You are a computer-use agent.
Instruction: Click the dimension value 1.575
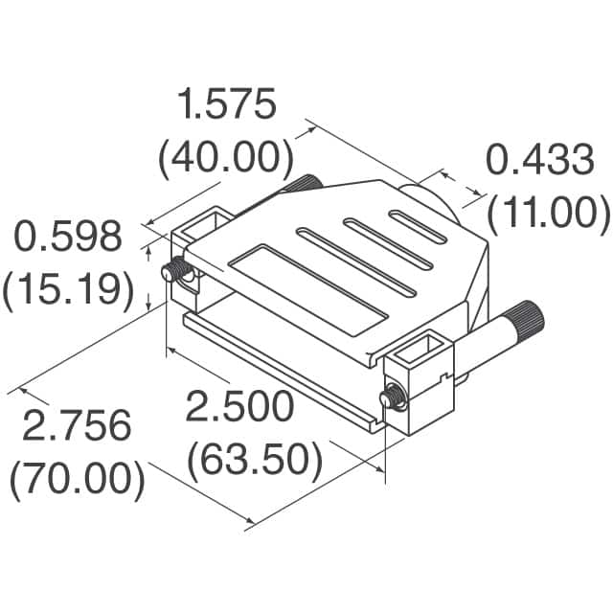click(227, 105)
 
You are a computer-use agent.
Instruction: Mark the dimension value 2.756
click(77, 427)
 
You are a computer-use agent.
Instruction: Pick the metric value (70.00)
click(78, 479)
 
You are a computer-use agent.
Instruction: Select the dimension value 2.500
click(239, 407)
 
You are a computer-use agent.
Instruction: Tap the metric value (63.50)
click(254, 461)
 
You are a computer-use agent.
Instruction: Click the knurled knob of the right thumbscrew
click(526, 316)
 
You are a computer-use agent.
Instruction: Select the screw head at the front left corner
click(174, 272)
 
